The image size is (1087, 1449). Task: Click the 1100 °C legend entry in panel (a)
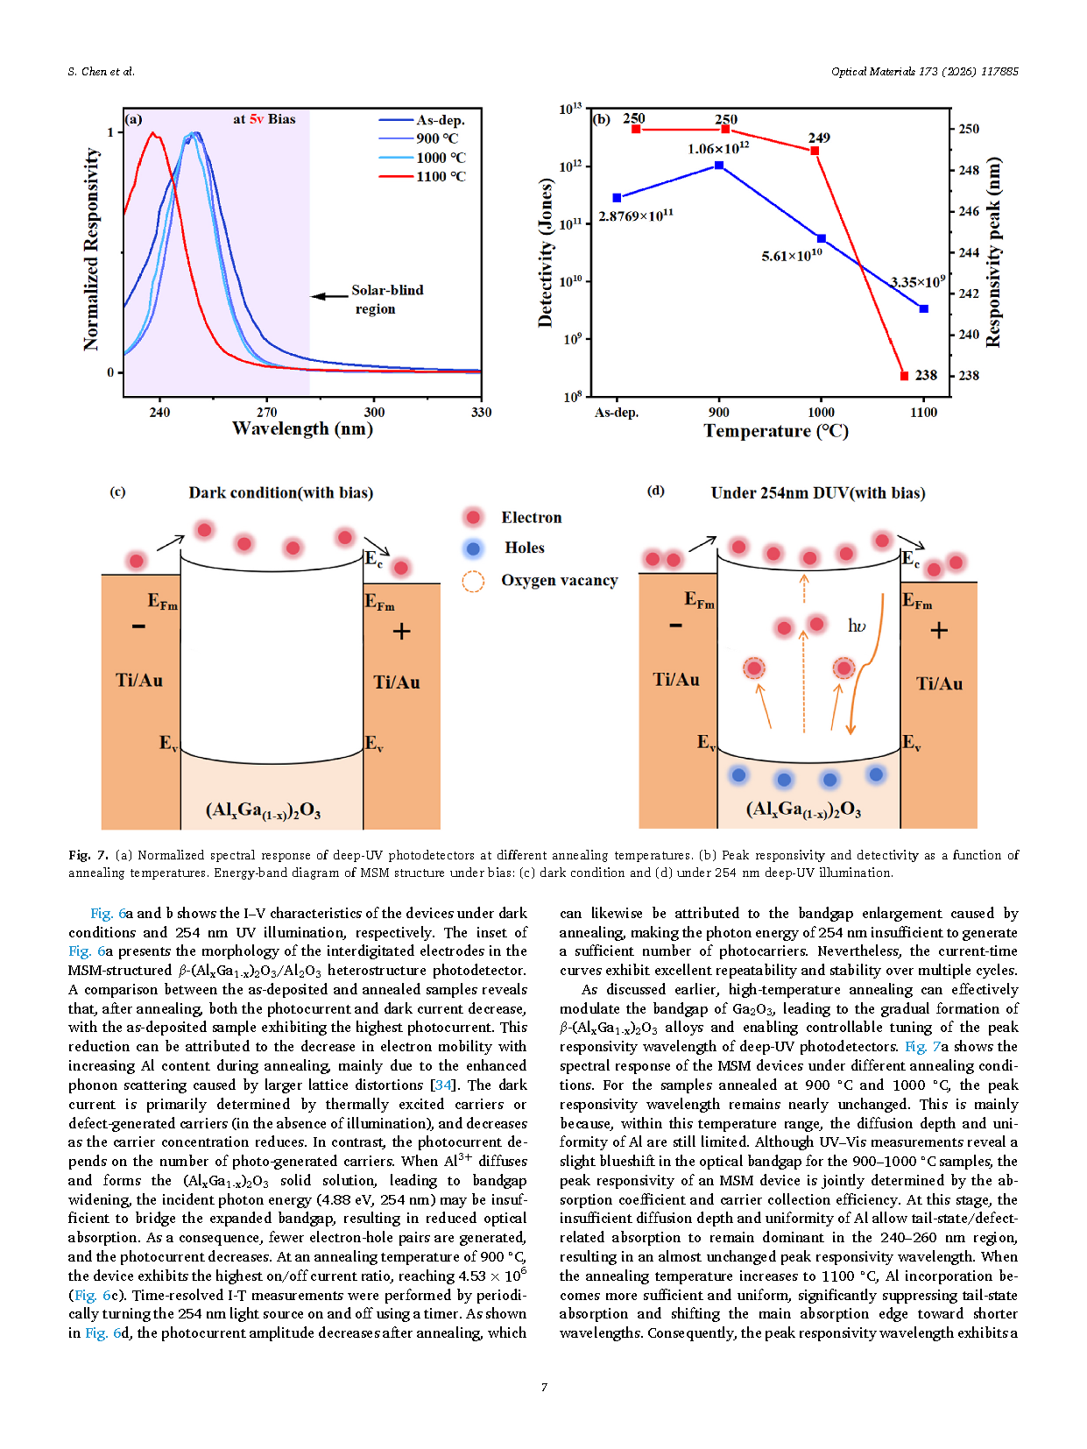click(441, 177)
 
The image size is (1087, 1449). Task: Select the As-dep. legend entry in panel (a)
click(440, 120)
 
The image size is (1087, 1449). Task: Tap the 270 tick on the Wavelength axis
click(266, 412)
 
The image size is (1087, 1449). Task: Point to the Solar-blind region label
click(386, 299)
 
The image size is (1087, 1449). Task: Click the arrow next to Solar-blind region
click(329, 296)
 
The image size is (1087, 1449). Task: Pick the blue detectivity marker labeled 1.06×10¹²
click(719, 165)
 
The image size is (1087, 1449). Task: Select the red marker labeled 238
click(905, 376)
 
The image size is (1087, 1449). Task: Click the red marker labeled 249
click(815, 151)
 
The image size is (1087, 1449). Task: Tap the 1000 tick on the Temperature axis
click(821, 412)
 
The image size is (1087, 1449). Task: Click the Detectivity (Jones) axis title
click(546, 252)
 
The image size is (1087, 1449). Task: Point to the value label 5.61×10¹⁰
click(792, 256)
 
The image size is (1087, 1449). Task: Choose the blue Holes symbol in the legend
click(473, 548)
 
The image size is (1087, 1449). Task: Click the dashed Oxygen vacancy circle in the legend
click(473, 581)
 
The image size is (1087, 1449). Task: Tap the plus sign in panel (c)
click(401, 632)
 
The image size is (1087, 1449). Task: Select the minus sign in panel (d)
click(675, 626)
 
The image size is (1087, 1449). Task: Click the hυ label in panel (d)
click(856, 626)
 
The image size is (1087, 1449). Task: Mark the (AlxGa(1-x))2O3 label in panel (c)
click(263, 810)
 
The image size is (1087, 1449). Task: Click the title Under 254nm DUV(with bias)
click(817, 493)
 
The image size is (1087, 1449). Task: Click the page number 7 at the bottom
click(544, 1387)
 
